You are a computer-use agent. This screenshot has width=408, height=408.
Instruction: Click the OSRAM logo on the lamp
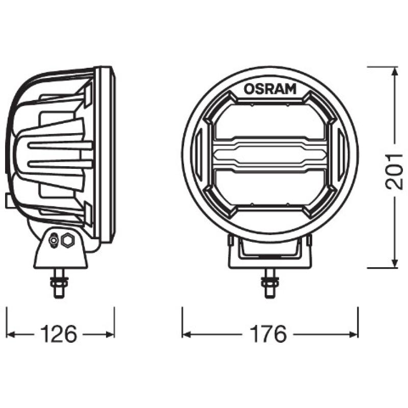(x=270, y=88)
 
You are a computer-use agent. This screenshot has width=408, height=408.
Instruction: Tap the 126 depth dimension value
(x=59, y=335)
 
